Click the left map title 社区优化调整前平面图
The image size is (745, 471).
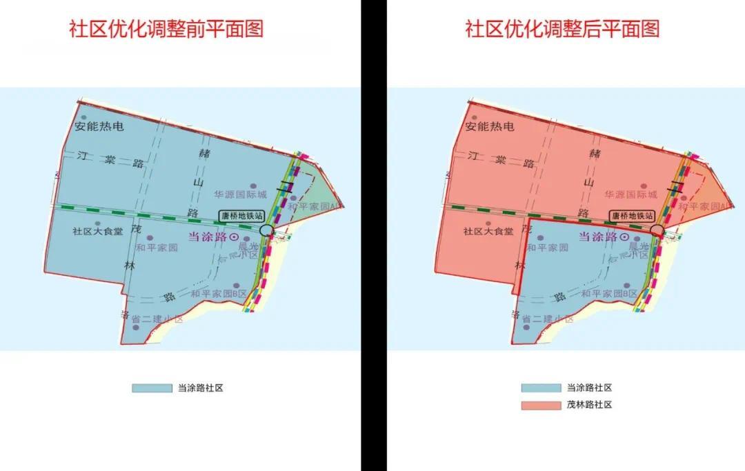click(x=166, y=29)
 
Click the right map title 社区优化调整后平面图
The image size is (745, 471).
click(x=562, y=29)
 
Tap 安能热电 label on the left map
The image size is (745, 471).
click(x=100, y=127)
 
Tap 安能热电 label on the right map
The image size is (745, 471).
click(x=490, y=127)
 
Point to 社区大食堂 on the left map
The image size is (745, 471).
click(x=98, y=232)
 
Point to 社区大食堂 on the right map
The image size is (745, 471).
click(x=488, y=232)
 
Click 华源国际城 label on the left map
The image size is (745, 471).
click(x=239, y=195)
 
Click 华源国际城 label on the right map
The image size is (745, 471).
click(x=630, y=195)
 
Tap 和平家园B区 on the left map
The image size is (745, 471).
click(x=219, y=294)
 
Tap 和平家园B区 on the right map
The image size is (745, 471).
click(x=609, y=294)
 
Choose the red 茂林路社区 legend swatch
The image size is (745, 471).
click(x=541, y=405)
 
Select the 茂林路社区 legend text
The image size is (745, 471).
click(x=589, y=405)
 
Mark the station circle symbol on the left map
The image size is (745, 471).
click(x=267, y=230)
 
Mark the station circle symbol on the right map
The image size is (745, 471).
click(x=657, y=230)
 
